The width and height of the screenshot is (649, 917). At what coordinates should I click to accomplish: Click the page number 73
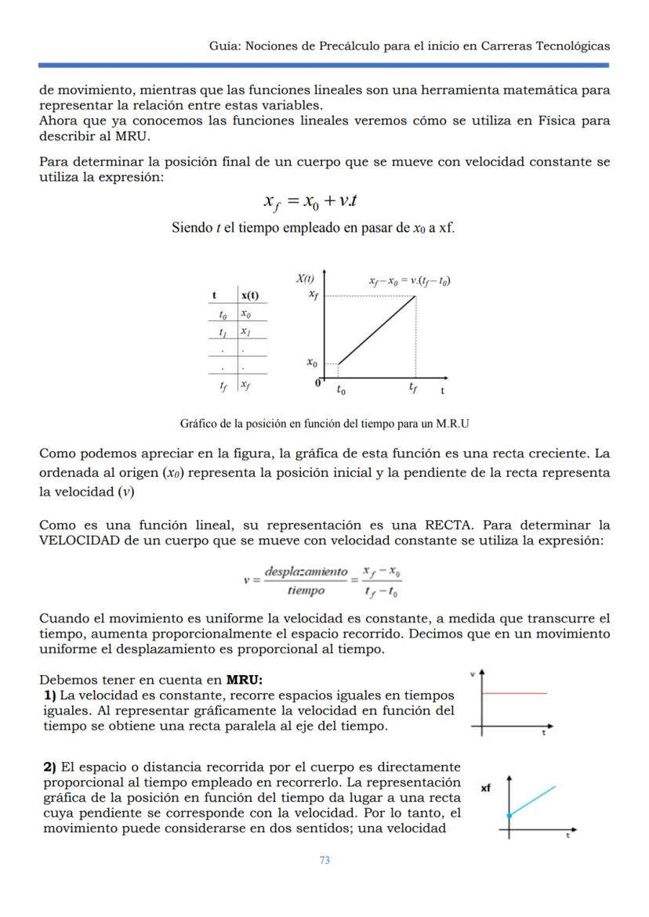tap(324, 860)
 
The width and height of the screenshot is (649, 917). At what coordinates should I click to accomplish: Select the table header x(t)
tap(249, 295)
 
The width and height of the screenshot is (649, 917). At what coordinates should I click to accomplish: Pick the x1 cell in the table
tap(247, 331)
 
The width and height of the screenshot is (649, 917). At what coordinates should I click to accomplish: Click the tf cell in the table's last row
tap(224, 384)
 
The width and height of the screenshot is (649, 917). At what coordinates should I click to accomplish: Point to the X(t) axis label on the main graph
tap(305, 278)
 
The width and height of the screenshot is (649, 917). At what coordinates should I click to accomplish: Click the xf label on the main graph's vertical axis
tap(313, 294)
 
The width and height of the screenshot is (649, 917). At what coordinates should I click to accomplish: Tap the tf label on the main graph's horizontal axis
tap(413, 388)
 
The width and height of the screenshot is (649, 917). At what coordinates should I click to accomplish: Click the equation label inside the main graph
tap(409, 280)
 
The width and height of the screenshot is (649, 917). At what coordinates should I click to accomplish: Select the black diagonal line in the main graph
tap(376, 330)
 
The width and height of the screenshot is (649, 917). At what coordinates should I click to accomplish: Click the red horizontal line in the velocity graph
tap(514, 693)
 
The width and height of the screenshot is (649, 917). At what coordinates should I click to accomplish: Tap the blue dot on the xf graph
tap(509, 816)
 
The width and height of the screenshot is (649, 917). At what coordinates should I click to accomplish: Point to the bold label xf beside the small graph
tap(487, 789)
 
